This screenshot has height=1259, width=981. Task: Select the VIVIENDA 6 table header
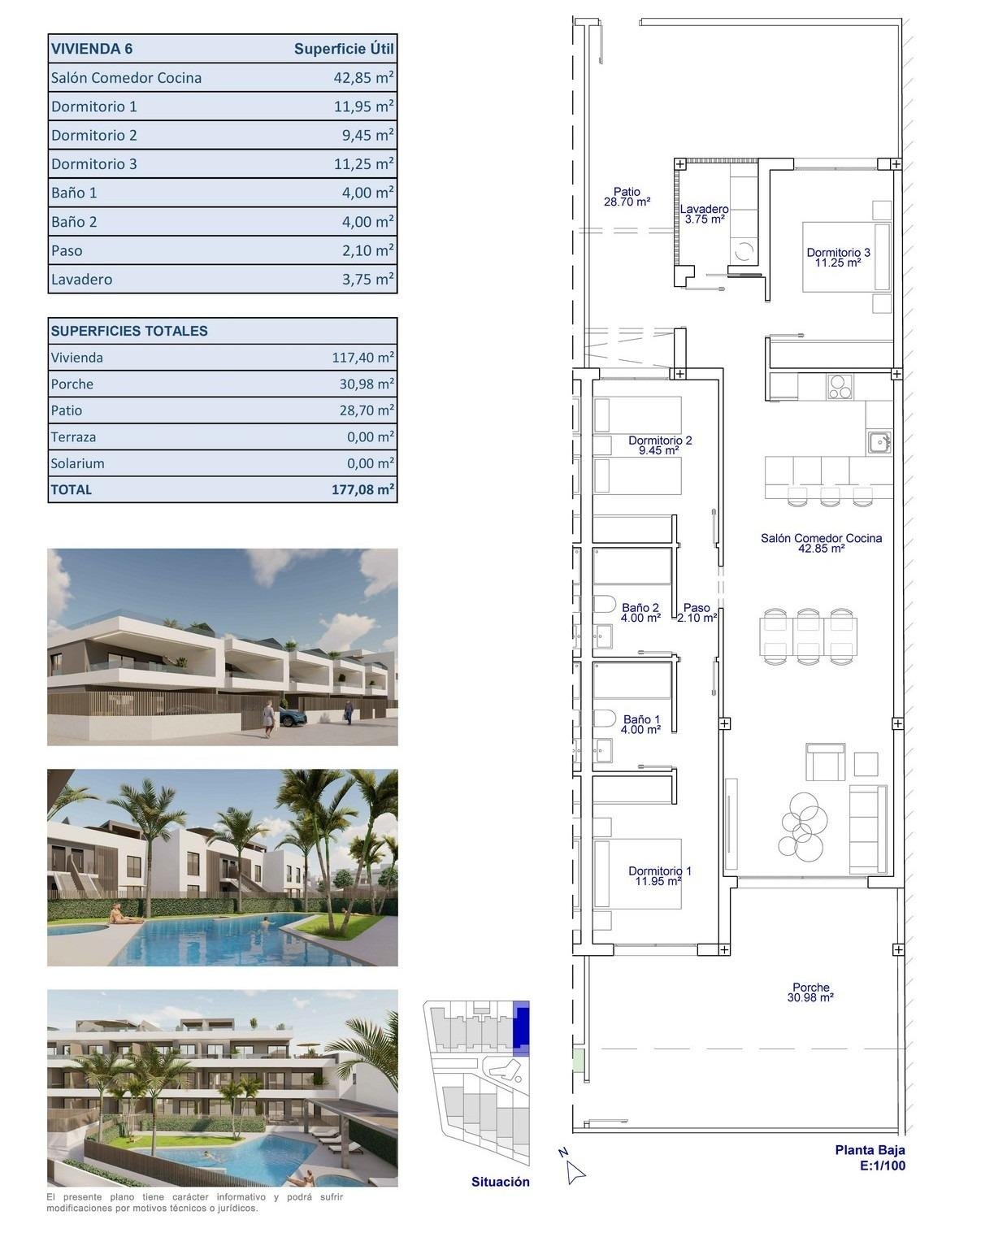[x=92, y=49]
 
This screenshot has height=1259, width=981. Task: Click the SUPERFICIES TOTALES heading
[x=129, y=331]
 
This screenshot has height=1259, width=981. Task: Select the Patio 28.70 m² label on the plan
[x=626, y=197]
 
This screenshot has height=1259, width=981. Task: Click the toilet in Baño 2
[x=604, y=605]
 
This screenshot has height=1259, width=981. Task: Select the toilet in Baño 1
[x=604, y=718]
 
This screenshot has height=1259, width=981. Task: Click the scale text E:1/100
[x=882, y=1166]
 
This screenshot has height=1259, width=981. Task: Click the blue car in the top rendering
[x=293, y=717]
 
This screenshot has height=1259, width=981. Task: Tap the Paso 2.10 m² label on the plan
[x=697, y=612]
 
